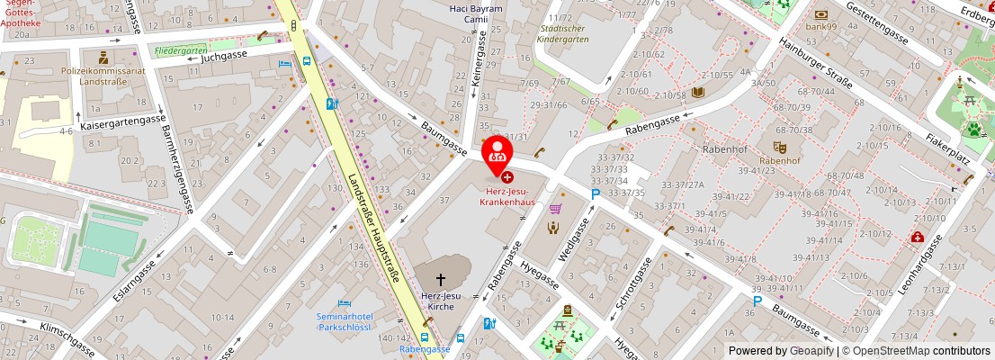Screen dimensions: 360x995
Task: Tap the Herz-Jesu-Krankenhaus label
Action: point(506,197)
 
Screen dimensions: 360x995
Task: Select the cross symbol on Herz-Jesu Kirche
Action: point(441,280)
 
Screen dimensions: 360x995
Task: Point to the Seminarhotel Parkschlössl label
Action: point(345,321)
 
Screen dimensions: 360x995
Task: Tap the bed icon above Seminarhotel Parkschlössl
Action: point(344,303)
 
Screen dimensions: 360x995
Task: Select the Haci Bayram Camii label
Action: point(475,13)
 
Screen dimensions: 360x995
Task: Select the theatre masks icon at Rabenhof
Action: point(779,147)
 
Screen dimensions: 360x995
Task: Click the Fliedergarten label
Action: point(180,51)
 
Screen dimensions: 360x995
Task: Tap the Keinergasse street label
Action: point(478,65)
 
